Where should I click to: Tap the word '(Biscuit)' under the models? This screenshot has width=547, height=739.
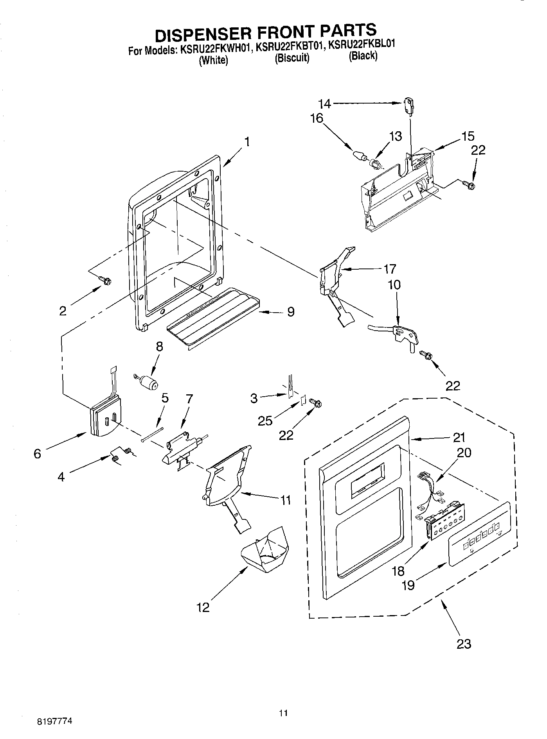(292, 59)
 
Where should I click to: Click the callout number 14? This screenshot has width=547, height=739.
(324, 104)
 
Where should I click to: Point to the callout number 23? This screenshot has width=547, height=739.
(464, 644)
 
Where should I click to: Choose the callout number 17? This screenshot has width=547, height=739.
(390, 269)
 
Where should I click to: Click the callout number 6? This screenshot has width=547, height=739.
(37, 454)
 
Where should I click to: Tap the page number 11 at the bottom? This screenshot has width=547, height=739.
(283, 713)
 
